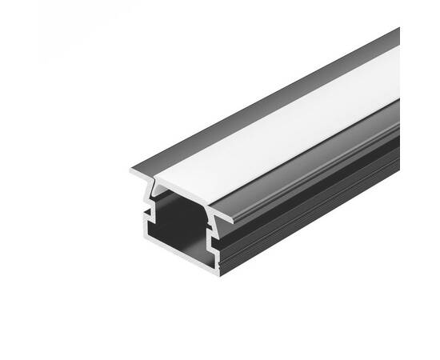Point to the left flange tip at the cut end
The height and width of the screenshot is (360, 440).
[x=133, y=171]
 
